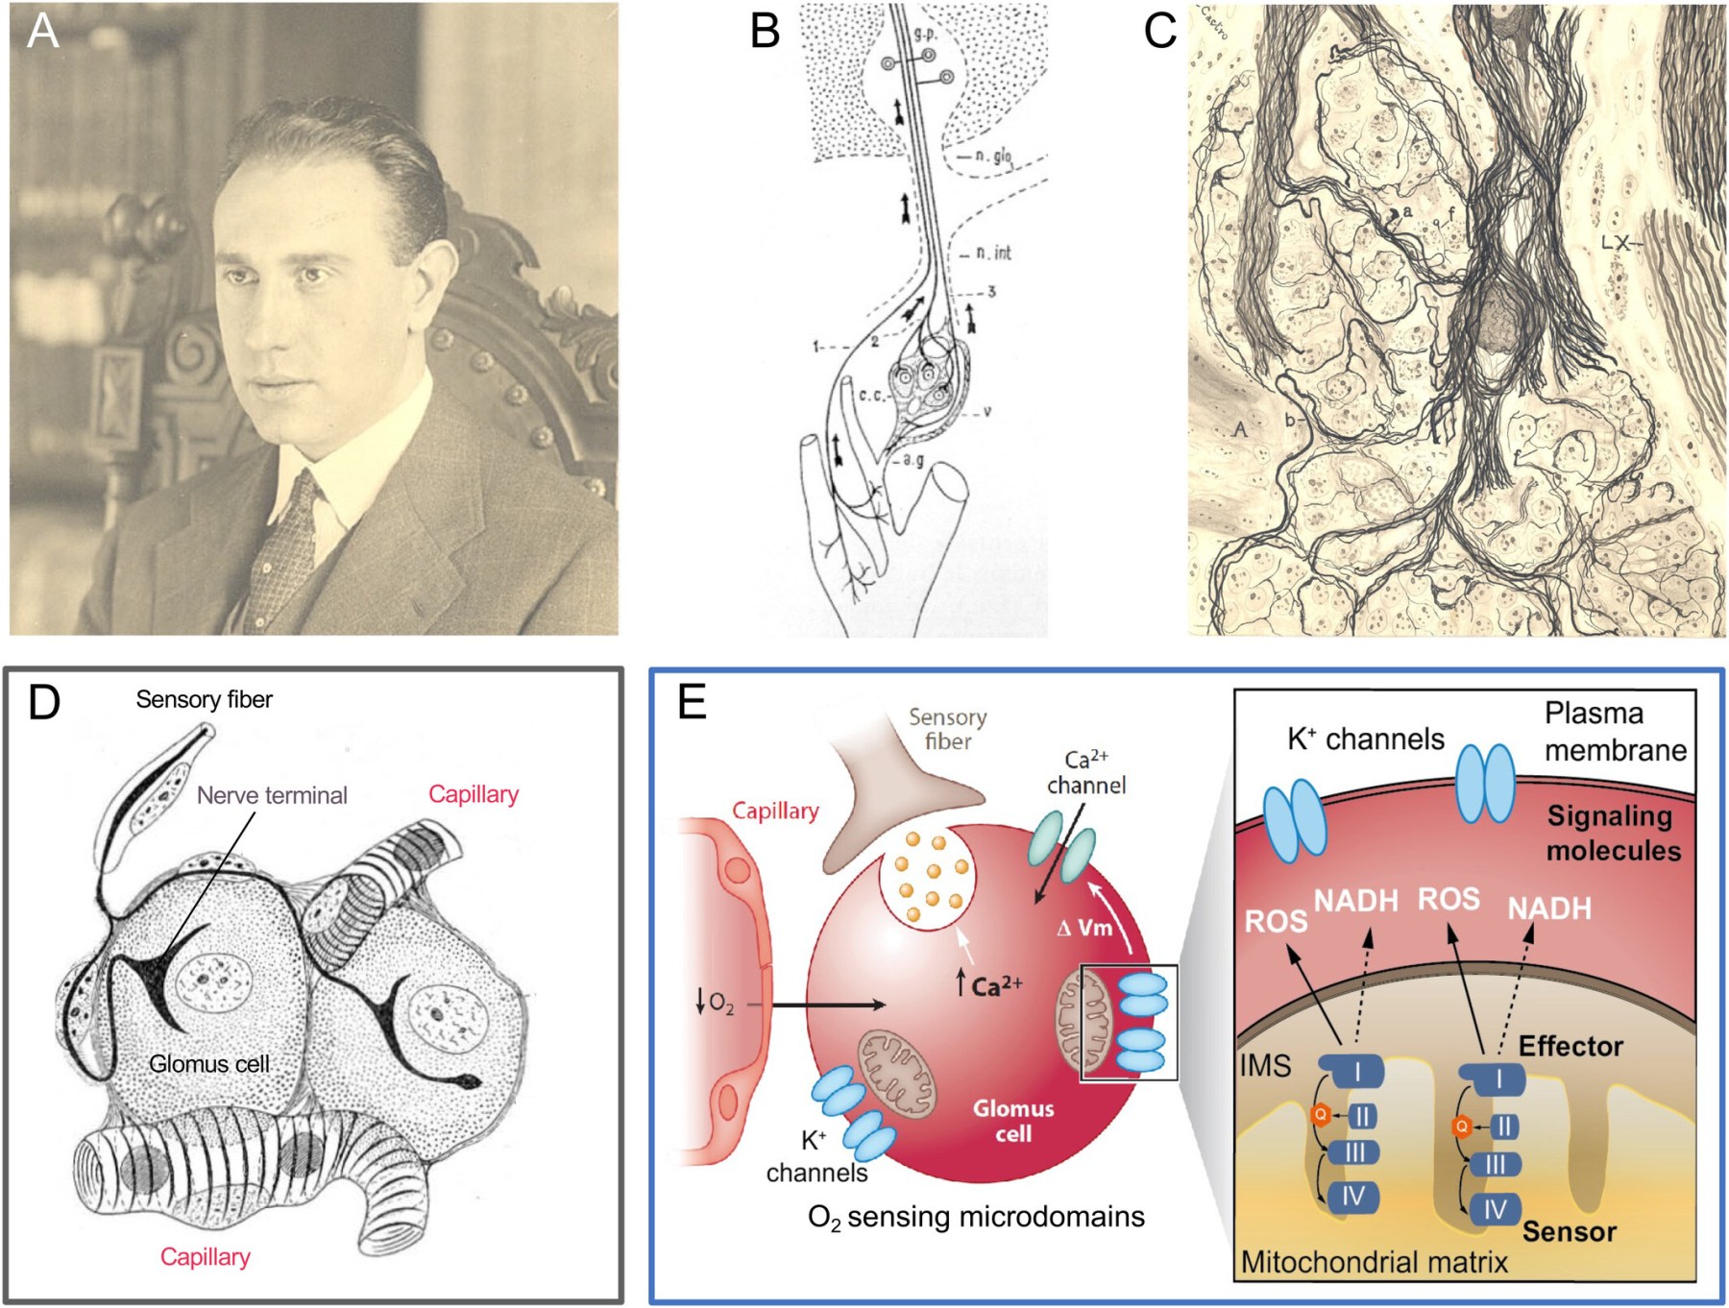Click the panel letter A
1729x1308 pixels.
tap(42, 31)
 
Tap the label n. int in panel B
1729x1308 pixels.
tap(993, 253)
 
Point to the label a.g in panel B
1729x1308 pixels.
tap(913, 460)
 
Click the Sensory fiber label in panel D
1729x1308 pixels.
tap(204, 699)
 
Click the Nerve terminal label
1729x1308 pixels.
tap(272, 795)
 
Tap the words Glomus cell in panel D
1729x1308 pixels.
tap(209, 1064)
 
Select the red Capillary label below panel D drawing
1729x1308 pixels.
tap(205, 1256)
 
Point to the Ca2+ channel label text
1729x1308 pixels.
tap(1085, 773)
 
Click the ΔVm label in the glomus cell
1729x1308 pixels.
tap(1084, 928)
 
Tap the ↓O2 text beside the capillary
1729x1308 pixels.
tap(715, 1004)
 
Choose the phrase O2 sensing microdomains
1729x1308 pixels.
tap(976, 1218)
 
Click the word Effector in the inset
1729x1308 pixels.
tap(1571, 1046)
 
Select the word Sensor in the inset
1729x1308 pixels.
tap(1569, 1231)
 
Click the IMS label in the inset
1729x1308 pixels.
tap(1265, 1066)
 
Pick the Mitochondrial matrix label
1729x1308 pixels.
tap(1374, 1262)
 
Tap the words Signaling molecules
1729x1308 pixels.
tap(1613, 833)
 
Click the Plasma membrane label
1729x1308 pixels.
tap(1615, 731)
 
